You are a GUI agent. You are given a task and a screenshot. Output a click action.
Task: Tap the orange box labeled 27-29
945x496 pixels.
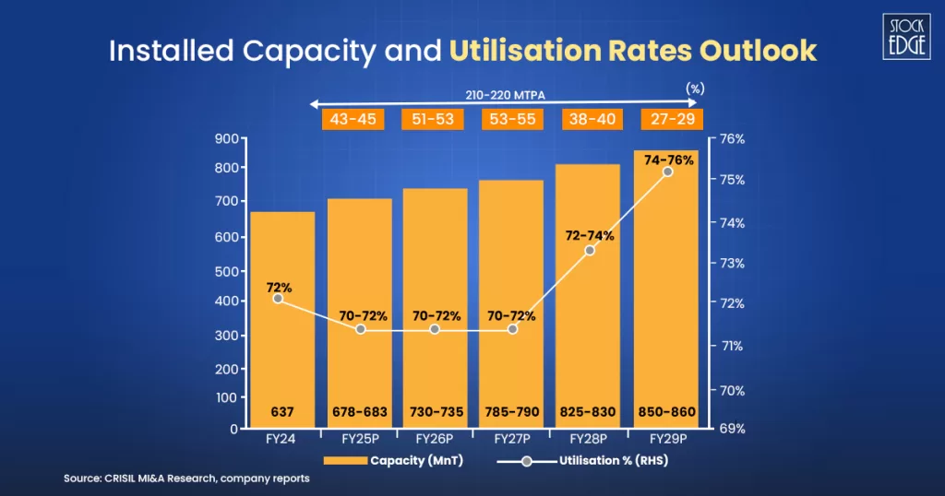[672, 119]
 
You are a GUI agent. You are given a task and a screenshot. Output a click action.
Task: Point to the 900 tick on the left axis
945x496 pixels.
[226, 139]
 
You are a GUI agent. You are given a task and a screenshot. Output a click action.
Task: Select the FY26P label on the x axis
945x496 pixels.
[434, 439]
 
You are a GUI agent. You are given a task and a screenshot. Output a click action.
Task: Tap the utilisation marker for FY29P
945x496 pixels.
[668, 172]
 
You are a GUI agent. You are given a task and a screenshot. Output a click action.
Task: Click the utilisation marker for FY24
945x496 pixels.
[278, 299]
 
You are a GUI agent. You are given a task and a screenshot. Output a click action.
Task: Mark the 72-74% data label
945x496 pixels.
[589, 236]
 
